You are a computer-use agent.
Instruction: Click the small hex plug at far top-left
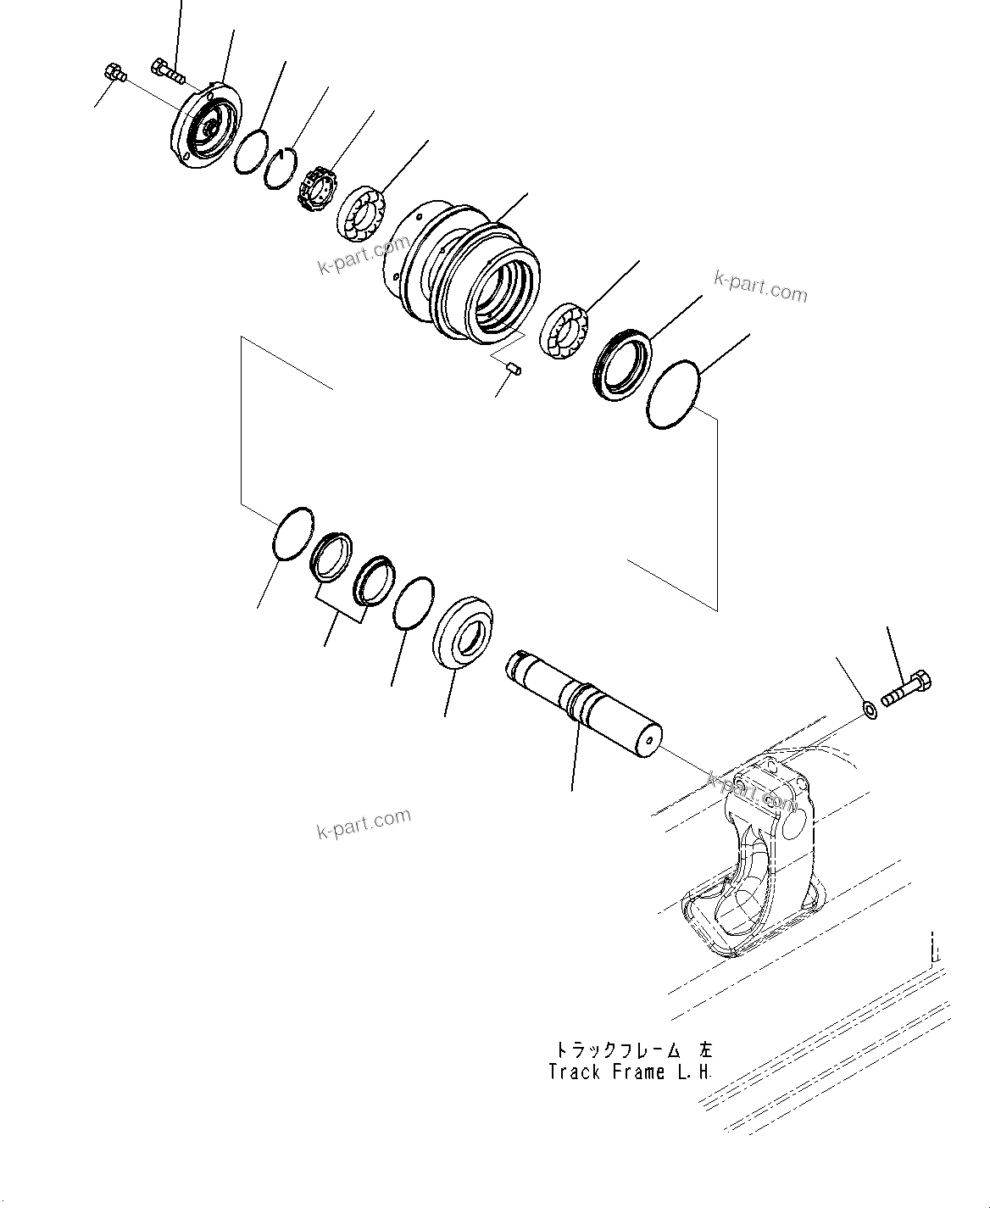112,74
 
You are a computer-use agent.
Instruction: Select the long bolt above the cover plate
169,70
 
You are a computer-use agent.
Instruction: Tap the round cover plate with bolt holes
206,125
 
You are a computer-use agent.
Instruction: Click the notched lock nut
316,187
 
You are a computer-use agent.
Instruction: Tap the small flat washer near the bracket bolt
869,708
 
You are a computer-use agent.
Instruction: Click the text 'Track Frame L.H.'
630,1072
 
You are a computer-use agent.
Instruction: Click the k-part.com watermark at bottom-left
363,822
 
